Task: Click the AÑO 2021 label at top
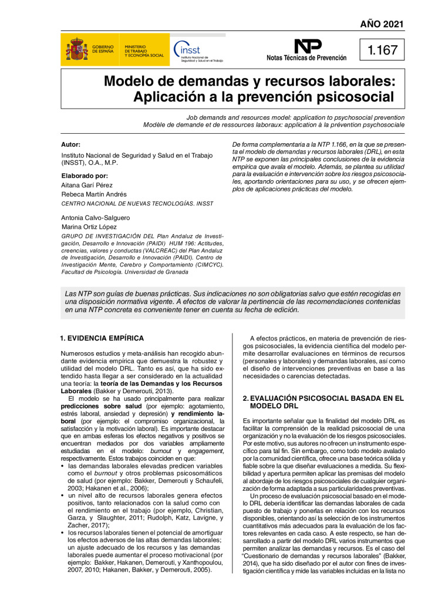pyautogui.click(x=382, y=24)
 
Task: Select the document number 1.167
pyautogui.click(x=382, y=50)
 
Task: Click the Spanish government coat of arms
pyautogui.click(x=76, y=49)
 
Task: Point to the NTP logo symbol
pyautogui.click(x=308, y=46)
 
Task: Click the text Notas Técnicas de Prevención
pyautogui.click(x=306, y=58)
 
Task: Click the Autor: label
pyautogui.click(x=71, y=144)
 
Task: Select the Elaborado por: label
pyautogui.click(x=85, y=175)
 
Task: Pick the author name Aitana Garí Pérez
pyautogui.click(x=87, y=185)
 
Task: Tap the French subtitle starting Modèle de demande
pyautogui.click(x=274, y=125)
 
